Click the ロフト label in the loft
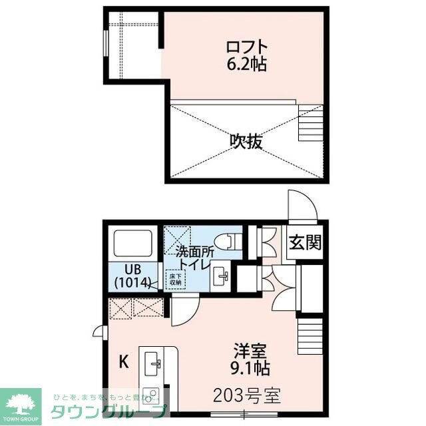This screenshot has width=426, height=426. (247, 47)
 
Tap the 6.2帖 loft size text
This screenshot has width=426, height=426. (247, 65)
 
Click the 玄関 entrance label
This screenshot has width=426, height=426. (305, 242)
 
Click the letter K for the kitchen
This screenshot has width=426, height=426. (123, 363)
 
